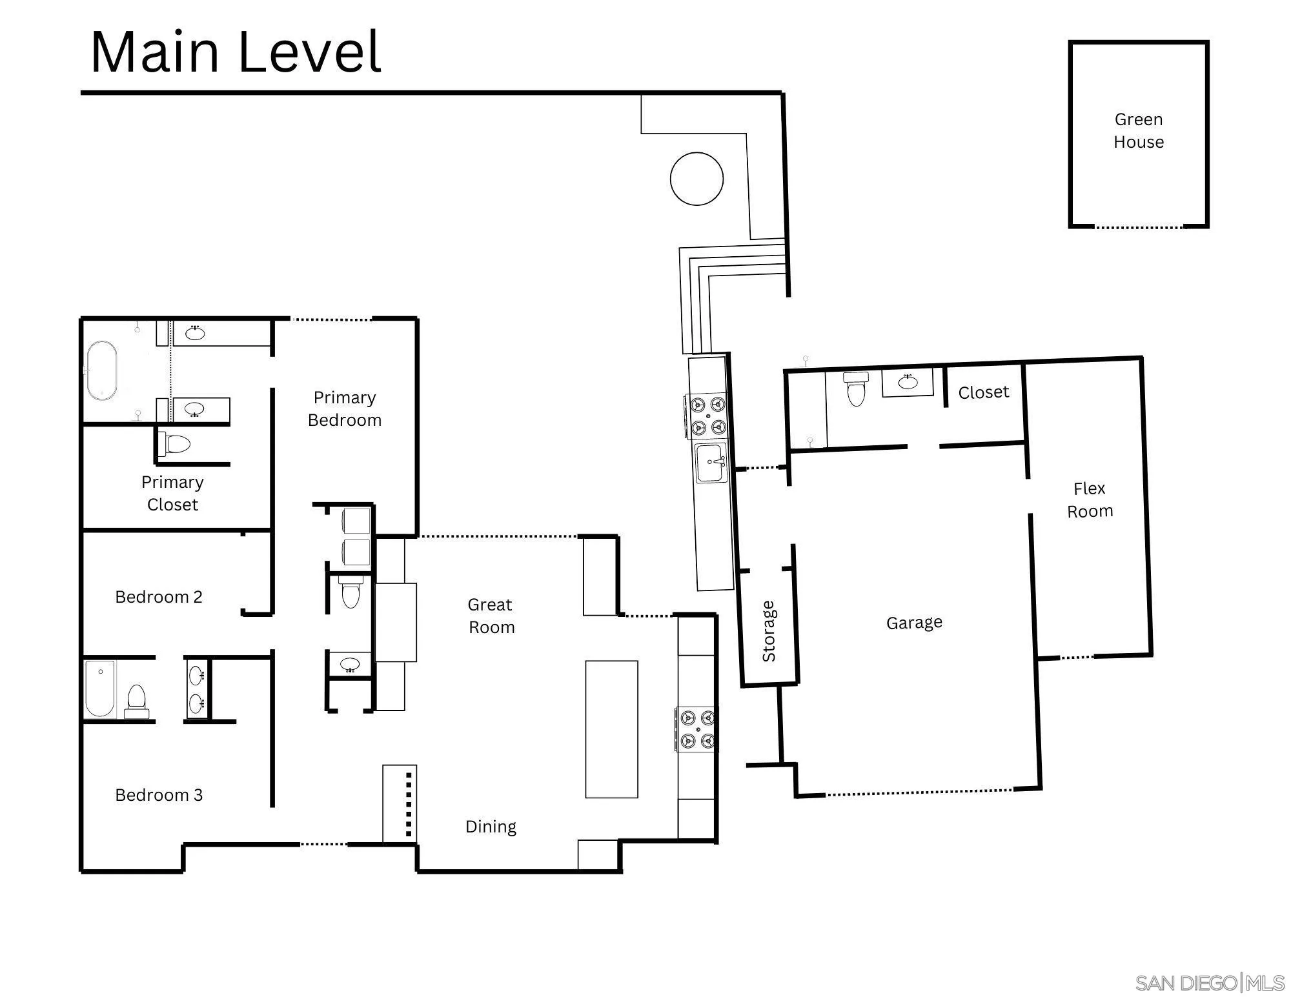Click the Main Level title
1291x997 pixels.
click(236, 52)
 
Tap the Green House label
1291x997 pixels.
click(1139, 130)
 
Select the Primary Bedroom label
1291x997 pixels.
click(345, 408)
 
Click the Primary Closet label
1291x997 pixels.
click(172, 493)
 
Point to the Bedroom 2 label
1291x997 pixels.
click(159, 597)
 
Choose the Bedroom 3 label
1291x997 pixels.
click(159, 795)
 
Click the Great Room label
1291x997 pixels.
click(491, 616)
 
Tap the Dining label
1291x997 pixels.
click(491, 827)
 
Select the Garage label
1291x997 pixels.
click(914, 623)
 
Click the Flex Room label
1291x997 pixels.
click(1090, 499)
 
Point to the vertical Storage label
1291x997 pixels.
click(768, 631)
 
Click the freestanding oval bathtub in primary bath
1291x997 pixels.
click(103, 370)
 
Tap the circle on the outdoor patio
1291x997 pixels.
click(696, 179)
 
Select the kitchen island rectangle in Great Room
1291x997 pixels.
click(611, 729)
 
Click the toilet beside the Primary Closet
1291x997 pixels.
click(175, 445)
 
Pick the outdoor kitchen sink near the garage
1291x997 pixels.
click(711, 462)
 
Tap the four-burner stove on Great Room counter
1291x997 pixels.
click(696, 729)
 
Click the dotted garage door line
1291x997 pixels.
click(920, 792)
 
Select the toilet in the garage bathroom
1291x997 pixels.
click(856, 389)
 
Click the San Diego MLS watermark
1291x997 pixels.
click(1210, 983)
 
